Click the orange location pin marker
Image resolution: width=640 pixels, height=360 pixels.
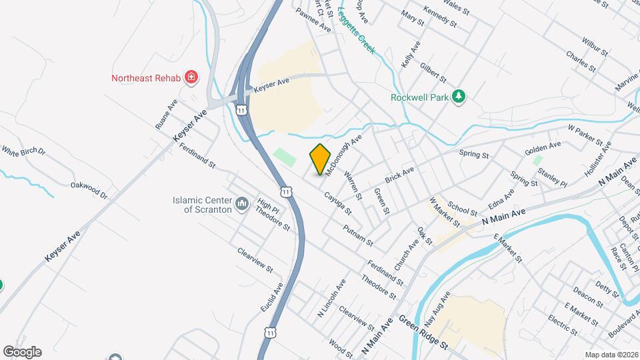point(320,159)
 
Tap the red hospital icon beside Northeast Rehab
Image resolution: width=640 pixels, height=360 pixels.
point(192,78)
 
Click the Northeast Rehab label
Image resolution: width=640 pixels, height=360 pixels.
point(146,78)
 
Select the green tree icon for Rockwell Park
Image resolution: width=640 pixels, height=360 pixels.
point(458,97)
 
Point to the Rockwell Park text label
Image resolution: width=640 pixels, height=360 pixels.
point(419,97)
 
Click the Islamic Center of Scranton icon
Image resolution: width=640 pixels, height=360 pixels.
point(241,201)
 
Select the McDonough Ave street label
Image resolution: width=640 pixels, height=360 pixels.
point(344,153)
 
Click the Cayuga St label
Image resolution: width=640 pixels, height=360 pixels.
point(337,203)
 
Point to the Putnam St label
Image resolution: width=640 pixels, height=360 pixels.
point(357,234)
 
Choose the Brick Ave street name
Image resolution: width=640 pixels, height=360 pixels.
point(399,176)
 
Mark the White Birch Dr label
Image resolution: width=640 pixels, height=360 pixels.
point(23,151)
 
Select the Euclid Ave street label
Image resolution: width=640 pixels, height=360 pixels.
point(271,297)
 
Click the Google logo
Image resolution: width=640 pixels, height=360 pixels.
point(22,352)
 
